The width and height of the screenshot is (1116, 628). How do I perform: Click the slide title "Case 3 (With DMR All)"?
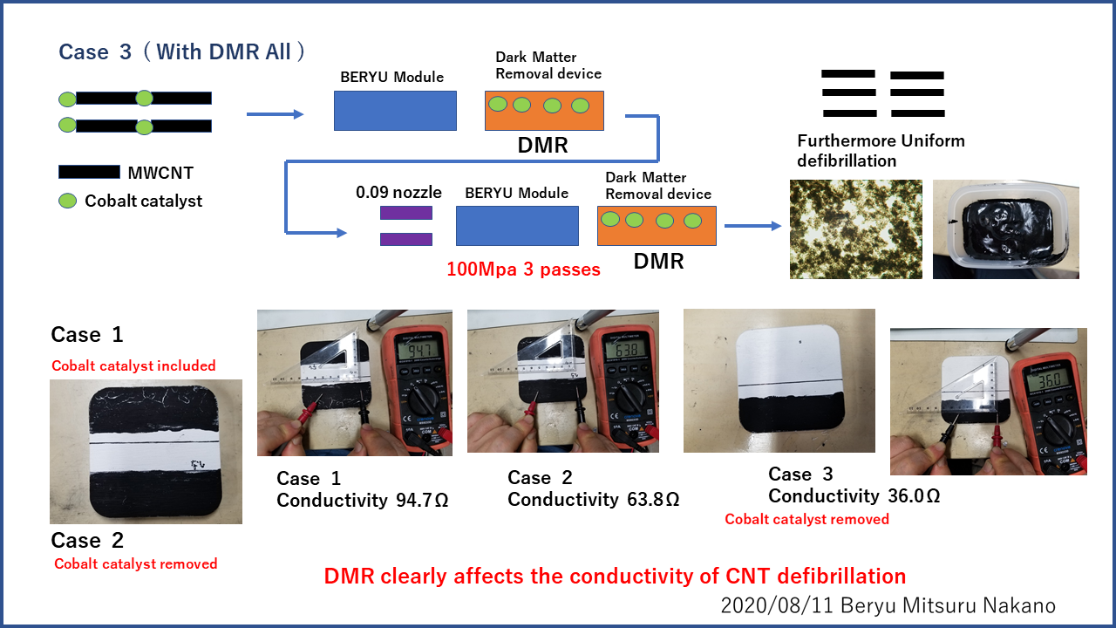click(x=182, y=52)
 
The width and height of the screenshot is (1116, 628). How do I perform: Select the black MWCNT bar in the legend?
click(x=89, y=172)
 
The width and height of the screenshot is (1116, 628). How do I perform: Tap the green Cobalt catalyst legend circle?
click(x=67, y=201)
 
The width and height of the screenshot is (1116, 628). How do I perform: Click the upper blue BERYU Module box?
click(x=395, y=111)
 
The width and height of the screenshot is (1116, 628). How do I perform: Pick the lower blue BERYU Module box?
click(x=517, y=226)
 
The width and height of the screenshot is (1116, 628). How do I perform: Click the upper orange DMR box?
click(x=543, y=111)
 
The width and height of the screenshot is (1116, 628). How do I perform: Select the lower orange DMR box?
click(x=657, y=226)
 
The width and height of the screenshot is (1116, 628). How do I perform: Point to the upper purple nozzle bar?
click(x=406, y=212)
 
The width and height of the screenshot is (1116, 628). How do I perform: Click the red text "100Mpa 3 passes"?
click(x=523, y=270)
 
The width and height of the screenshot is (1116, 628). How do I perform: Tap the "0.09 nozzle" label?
click(x=398, y=192)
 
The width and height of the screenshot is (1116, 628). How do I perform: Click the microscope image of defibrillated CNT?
click(x=855, y=229)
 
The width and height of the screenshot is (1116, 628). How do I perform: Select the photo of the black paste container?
click(x=1005, y=229)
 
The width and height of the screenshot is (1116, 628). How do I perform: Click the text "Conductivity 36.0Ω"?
click(x=854, y=495)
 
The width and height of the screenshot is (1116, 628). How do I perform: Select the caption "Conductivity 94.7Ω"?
click(x=362, y=500)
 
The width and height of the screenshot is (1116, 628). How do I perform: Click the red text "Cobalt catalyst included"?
click(x=133, y=365)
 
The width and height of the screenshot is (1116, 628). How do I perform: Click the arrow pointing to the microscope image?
click(x=752, y=226)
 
